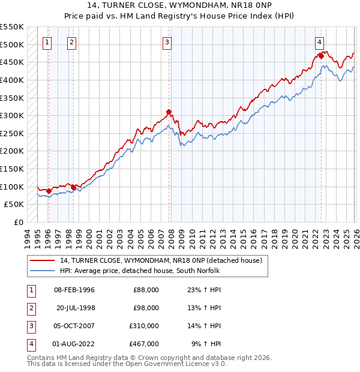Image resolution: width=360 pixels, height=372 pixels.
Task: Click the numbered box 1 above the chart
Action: [x=47, y=42]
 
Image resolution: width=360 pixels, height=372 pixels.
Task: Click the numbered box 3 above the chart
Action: [x=167, y=42]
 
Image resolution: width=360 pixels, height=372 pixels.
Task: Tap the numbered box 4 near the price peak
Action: [x=320, y=42]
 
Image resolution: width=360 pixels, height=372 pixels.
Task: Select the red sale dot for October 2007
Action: [x=169, y=112]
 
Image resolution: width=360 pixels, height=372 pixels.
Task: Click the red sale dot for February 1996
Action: [x=49, y=191]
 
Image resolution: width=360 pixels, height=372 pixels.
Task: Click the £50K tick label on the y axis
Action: [x=14, y=205]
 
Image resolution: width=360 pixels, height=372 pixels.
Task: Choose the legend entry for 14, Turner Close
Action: [x=160, y=261]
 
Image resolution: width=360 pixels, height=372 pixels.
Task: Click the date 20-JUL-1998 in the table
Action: [x=76, y=308]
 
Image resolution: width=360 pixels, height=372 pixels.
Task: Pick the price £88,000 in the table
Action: [x=146, y=290]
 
